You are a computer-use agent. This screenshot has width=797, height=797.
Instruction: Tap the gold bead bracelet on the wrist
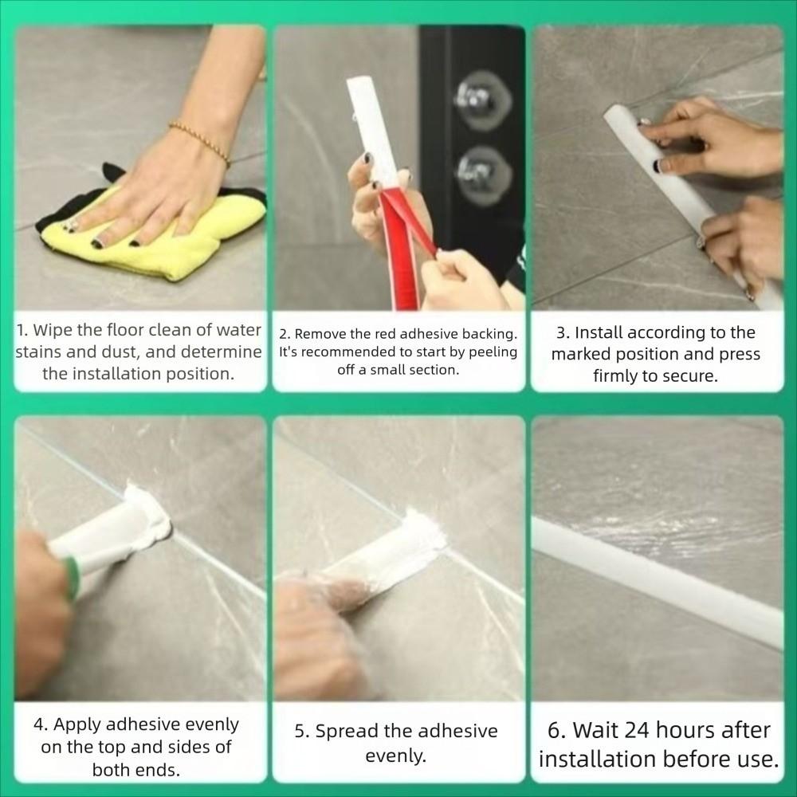click(199, 143)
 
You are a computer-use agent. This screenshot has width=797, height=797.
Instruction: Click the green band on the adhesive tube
click(73, 577)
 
